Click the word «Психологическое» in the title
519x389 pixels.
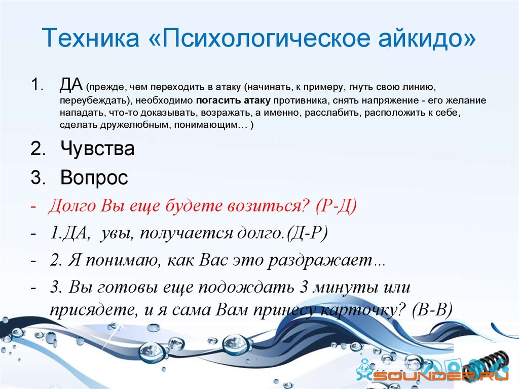point(266,38)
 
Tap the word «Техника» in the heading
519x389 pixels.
point(90,37)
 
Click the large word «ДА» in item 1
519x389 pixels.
point(71,84)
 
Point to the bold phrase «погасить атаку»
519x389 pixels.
point(233,100)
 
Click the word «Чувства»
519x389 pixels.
point(97,148)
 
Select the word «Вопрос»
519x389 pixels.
point(94,178)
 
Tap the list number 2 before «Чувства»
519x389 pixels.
point(38,149)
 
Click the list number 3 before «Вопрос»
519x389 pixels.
point(38,178)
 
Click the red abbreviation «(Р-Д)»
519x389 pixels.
point(336,206)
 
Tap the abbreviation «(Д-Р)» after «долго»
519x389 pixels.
point(307,233)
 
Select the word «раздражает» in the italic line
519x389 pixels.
point(320,261)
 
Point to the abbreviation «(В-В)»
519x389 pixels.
point(432,310)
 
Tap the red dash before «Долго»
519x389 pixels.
point(33,206)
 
